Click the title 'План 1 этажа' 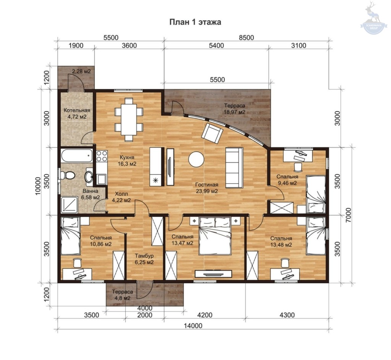point(195,22)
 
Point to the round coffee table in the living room point(196,159)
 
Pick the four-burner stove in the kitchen point(102,156)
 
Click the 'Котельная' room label point(77,110)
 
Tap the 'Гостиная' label point(207,185)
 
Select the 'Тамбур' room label point(144,256)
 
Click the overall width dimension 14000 point(193,326)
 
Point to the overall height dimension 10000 point(38,186)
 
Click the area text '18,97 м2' point(234,112)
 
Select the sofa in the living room point(234,168)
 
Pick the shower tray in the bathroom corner point(69,205)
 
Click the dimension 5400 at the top point(217,46)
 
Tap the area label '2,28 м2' point(81,71)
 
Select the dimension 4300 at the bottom point(287,315)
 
